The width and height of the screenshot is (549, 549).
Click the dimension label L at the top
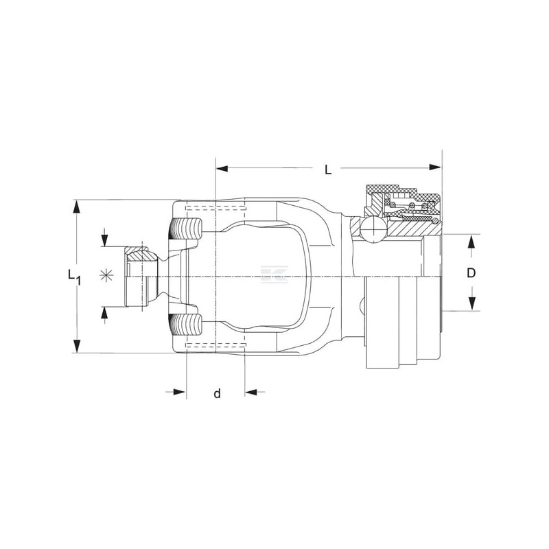pyautogui.click(x=328, y=170)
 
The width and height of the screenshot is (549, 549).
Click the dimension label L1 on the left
pyautogui.click(x=74, y=277)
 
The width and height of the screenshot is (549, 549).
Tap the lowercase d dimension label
pyautogui.click(x=218, y=393)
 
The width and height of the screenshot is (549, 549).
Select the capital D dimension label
pyautogui.click(x=471, y=272)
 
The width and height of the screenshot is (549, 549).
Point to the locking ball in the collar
pyautogui.click(x=374, y=229)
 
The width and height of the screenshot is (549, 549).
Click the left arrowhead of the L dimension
pyautogui.click(x=222, y=169)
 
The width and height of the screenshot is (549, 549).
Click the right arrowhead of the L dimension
pyautogui.click(x=435, y=167)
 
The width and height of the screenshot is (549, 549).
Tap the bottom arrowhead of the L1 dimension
pyautogui.click(x=76, y=347)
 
